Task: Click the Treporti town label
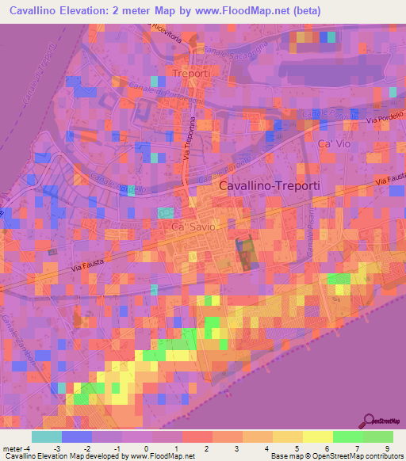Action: point(190,74)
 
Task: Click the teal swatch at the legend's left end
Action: point(47,436)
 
